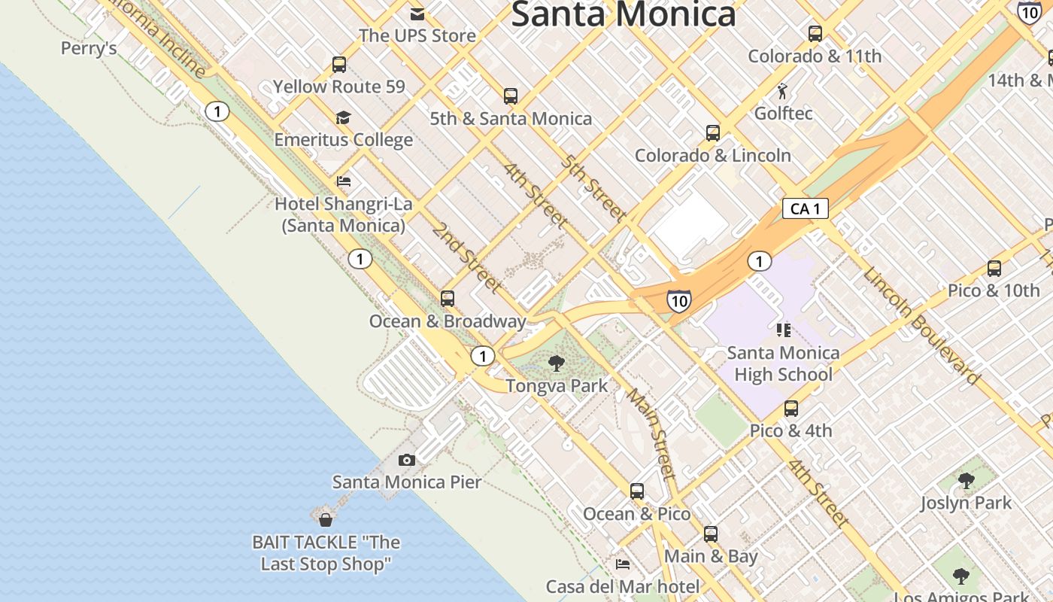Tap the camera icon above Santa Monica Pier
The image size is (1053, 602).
point(406,460)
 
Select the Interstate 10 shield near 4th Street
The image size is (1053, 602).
point(678,301)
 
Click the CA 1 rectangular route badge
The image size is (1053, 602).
point(805,208)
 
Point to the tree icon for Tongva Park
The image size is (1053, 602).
point(557,364)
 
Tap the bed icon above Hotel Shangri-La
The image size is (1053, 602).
point(344,181)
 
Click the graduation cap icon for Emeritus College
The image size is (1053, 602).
point(344,117)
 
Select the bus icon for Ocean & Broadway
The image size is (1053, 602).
point(448,299)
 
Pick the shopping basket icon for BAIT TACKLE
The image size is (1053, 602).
point(326,519)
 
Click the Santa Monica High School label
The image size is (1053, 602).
point(783,363)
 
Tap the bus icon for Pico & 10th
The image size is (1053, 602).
point(994,269)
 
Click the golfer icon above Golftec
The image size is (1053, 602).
point(782,91)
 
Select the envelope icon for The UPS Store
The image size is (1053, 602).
point(417,14)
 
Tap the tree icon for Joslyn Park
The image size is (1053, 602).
point(967,480)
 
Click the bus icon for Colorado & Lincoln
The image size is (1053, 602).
point(713,133)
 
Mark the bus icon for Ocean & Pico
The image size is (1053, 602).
point(637,491)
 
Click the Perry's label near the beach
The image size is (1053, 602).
point(89,49)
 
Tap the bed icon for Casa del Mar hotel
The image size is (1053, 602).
point(623,564)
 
